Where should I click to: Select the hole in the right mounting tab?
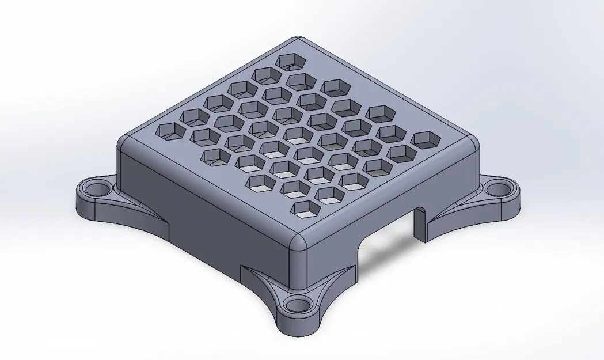tap(497, 187)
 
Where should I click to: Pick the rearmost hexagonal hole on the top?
tap(290, 60)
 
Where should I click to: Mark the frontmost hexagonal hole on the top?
tap(306, 210)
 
